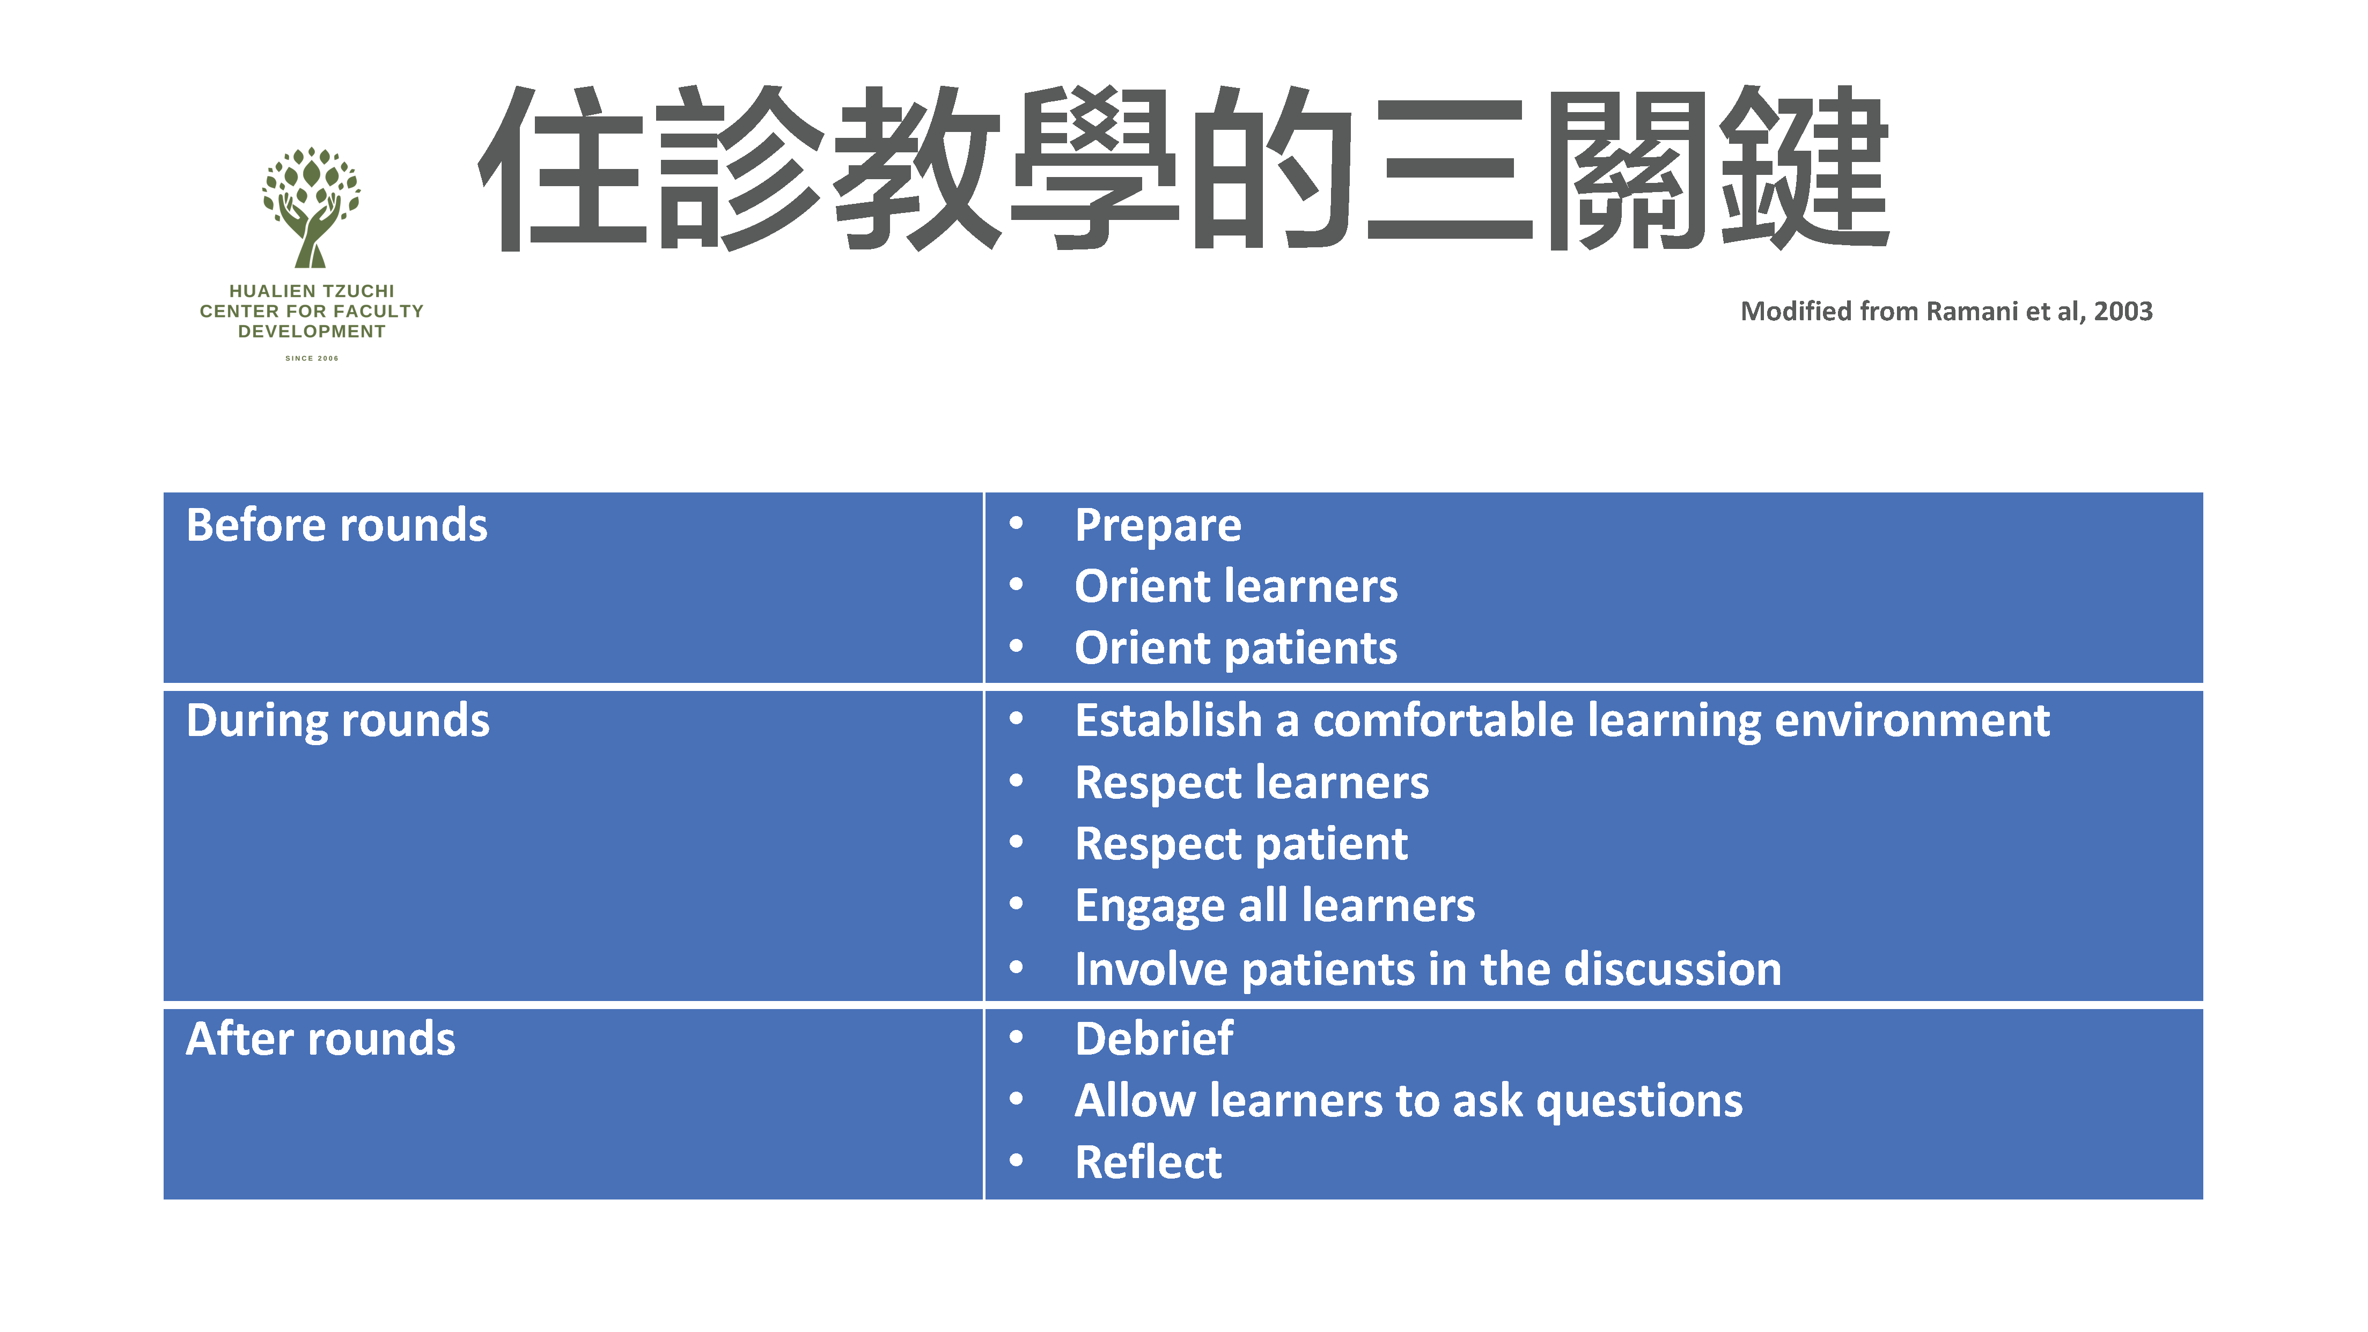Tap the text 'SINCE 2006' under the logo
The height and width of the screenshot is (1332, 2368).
click(312, 358)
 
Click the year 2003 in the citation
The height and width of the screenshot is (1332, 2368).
click(2123, 312)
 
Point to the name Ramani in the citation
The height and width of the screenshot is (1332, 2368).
click(1972, 312)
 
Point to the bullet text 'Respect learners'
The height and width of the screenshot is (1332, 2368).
click(1252, 783)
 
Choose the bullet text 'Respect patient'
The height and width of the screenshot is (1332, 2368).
click(1241, 845)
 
